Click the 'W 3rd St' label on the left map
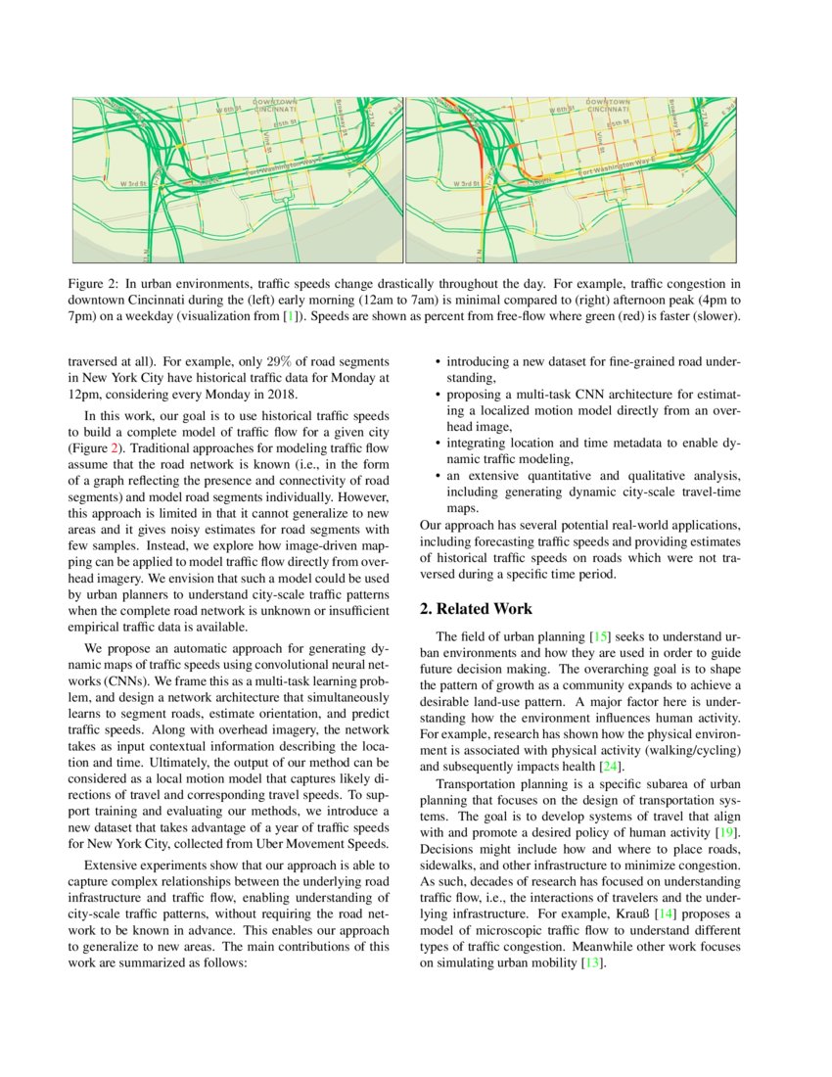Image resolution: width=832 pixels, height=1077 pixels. point(133,183)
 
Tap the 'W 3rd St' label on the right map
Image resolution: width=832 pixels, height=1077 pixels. point(467,183)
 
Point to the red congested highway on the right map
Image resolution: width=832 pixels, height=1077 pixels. point(474,146)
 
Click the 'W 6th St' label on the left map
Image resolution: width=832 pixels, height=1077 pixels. point(228,110)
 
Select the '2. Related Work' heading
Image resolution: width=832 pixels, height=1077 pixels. point(476,609)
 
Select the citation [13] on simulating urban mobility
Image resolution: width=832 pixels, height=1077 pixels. point(591,963)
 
